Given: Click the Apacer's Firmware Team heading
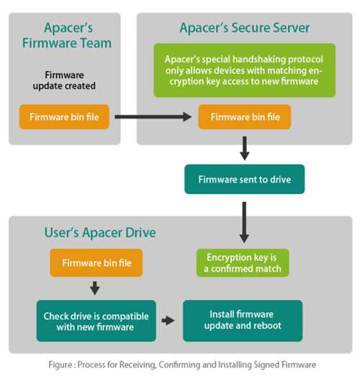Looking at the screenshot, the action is (x=67, y=35).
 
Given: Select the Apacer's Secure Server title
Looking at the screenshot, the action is (x=244, y=28).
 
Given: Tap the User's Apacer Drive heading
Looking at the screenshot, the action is (x=100, y=232).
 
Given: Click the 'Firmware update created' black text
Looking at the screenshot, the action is (x=64, y=81).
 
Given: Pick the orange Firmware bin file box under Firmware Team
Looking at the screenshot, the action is (x=64, y=117).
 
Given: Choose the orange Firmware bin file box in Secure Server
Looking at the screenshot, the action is (x=245, y=117).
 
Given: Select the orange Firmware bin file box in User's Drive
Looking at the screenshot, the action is (x=96, y=262).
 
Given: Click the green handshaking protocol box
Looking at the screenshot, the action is (x=245, y=70).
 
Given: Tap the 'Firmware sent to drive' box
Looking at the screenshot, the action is (x=244, y=179).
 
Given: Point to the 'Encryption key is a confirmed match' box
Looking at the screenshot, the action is (x=243, y=262).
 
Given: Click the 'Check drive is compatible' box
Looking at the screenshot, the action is (x=96, y=321).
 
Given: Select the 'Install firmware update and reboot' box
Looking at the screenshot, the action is (x=243, y=321).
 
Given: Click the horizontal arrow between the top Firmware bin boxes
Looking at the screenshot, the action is (x=153, y=117).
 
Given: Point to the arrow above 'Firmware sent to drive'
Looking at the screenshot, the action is (x=245, y=148).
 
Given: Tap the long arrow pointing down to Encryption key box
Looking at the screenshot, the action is (x=244, y=222).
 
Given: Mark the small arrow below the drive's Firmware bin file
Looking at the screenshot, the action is (x=95, y=288).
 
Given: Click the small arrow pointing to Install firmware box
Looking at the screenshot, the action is (x=168, y=321).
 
